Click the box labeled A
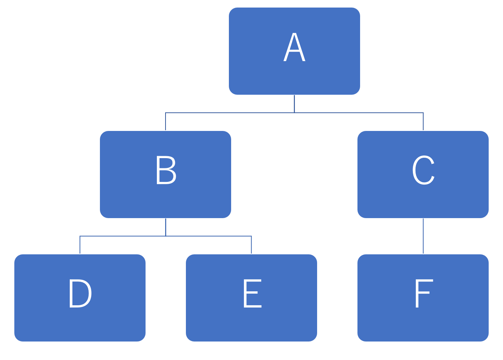tap(294, 51)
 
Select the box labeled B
tap(166, 174)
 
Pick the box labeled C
tap(423, 174)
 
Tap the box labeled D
tap(80, 298)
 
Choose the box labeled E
tap(251, 298)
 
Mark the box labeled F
tap(423, 298)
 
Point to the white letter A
tap(294, 47)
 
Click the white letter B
tap(166, 170)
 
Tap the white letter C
tap(423, 170)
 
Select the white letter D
tap(80, 293)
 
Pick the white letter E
tap(253, 293)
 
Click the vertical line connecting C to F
tap(423, 236)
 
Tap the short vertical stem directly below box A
tap(294, 104)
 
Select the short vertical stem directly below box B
tap(166, 227)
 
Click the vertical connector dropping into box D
tap(80, 245)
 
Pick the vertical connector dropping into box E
tap(251, 245)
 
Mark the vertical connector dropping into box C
tap(423, 122)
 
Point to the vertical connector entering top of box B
tap(166, 122)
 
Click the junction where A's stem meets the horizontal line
tap(294, 112)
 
